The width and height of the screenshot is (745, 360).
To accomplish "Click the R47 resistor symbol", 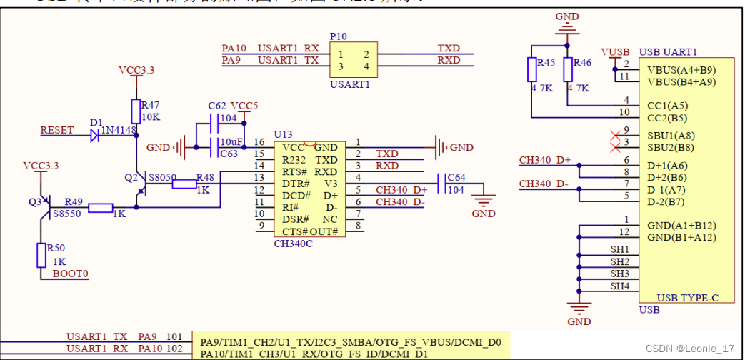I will tap(136, 112).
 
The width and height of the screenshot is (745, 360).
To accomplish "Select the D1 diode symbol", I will tap(94, 136).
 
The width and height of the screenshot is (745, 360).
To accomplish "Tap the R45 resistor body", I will tap(532, 70).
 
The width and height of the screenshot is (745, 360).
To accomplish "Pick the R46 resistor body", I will tap(568, 70).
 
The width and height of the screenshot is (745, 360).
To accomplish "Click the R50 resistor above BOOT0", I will tap(41, 255).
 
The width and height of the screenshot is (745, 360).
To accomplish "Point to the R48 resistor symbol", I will tap(185, 184).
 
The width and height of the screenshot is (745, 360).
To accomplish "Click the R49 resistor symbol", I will tap(100, 208).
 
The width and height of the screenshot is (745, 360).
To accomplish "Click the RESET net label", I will tap(57, 130).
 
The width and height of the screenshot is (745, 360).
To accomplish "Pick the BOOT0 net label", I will tap(71, 274).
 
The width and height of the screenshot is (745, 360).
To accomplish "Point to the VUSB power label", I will tap(615, 52).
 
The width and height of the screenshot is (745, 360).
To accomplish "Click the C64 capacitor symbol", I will tap(447, 184).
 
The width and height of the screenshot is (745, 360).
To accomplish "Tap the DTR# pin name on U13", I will tap(296, 184).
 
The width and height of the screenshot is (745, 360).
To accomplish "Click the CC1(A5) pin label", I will tap(668, 104).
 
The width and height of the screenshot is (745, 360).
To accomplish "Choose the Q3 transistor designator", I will tap(34, 201).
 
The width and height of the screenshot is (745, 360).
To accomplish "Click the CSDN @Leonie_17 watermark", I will tap(689, 348).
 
